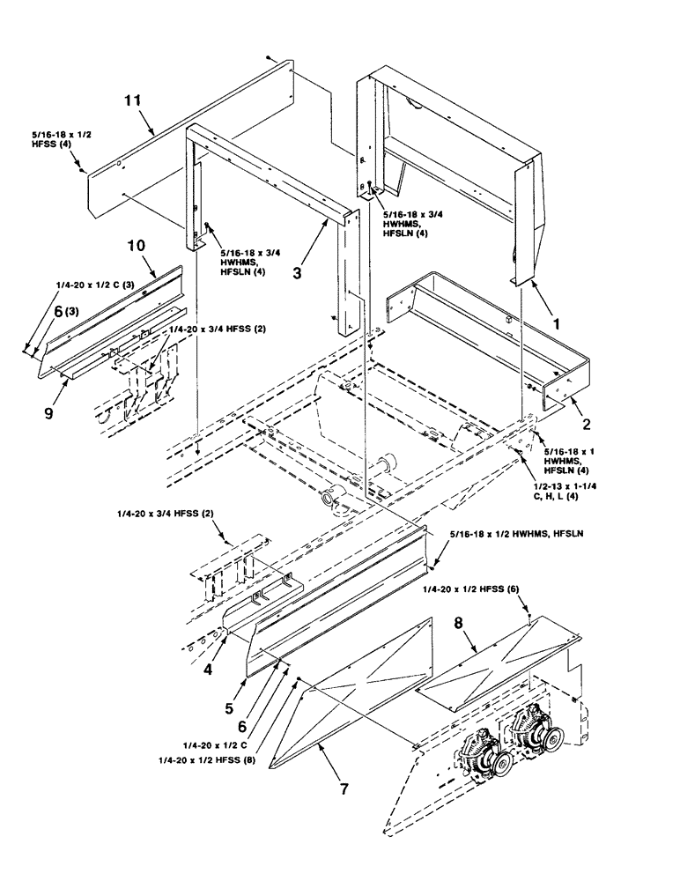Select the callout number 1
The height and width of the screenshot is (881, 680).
(557, 325)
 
